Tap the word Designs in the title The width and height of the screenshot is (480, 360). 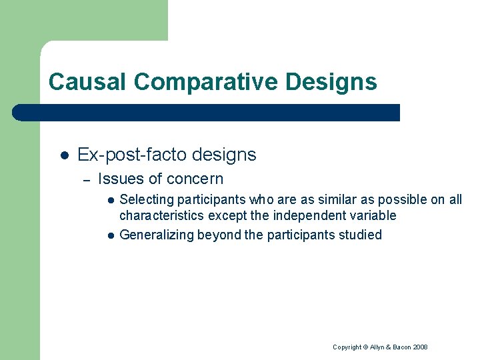(x=331, y=82)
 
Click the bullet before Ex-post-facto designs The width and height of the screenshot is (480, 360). (x=63, y=155)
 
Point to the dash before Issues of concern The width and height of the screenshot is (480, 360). (x=85, y=179)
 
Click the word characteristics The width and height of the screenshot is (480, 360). (x=161, y=215)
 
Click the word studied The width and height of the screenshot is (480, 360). (x=360, y=235)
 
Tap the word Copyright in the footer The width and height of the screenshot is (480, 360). (x=347, y=347)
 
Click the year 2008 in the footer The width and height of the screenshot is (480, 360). (x=420, y=347)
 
